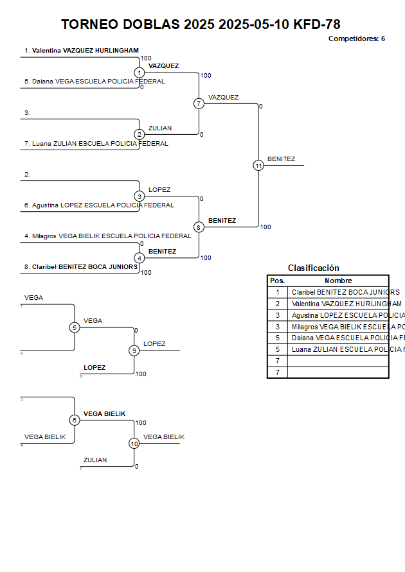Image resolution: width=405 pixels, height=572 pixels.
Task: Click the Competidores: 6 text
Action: [356, 39]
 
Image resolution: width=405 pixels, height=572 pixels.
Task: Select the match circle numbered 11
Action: [258, 166]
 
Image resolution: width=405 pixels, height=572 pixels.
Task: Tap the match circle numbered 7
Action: [199, 103]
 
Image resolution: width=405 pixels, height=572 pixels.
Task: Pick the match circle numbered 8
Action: [199, 227]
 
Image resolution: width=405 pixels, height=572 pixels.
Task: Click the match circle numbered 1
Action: [139, 73]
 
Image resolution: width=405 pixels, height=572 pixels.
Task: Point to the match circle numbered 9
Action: [134, 351]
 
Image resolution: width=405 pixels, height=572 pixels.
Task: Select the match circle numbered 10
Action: [134, 444]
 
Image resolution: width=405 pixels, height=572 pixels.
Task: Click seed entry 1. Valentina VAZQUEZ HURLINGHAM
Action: [82, 51]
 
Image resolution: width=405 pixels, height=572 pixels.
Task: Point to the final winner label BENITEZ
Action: [282, 159]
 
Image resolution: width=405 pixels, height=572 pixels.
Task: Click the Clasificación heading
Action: [313, 268]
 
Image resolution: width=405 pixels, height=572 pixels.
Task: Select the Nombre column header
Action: [338, 281]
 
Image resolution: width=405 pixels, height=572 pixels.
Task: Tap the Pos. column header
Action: [277, 281]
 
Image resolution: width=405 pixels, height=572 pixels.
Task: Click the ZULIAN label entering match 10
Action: [95, 460]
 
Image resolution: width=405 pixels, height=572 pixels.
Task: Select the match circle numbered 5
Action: [75, 327]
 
